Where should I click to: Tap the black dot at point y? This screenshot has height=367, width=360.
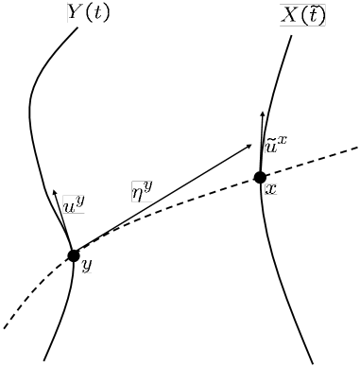(74, 254)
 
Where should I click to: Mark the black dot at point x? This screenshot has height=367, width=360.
(260, 176)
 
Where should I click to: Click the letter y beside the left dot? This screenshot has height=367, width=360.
(87, 266)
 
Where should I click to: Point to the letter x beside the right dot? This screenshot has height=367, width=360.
(270, 189)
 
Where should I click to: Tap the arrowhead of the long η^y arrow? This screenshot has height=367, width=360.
(250, 144)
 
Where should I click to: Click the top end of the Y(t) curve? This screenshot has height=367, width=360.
(77, 26)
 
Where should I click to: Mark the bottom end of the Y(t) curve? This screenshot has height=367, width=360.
(44, 360)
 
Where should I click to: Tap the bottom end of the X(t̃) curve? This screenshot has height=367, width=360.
(312, 362)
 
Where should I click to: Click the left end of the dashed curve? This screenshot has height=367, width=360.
(5, 328)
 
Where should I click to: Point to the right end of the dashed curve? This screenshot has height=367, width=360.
(356, 148)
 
